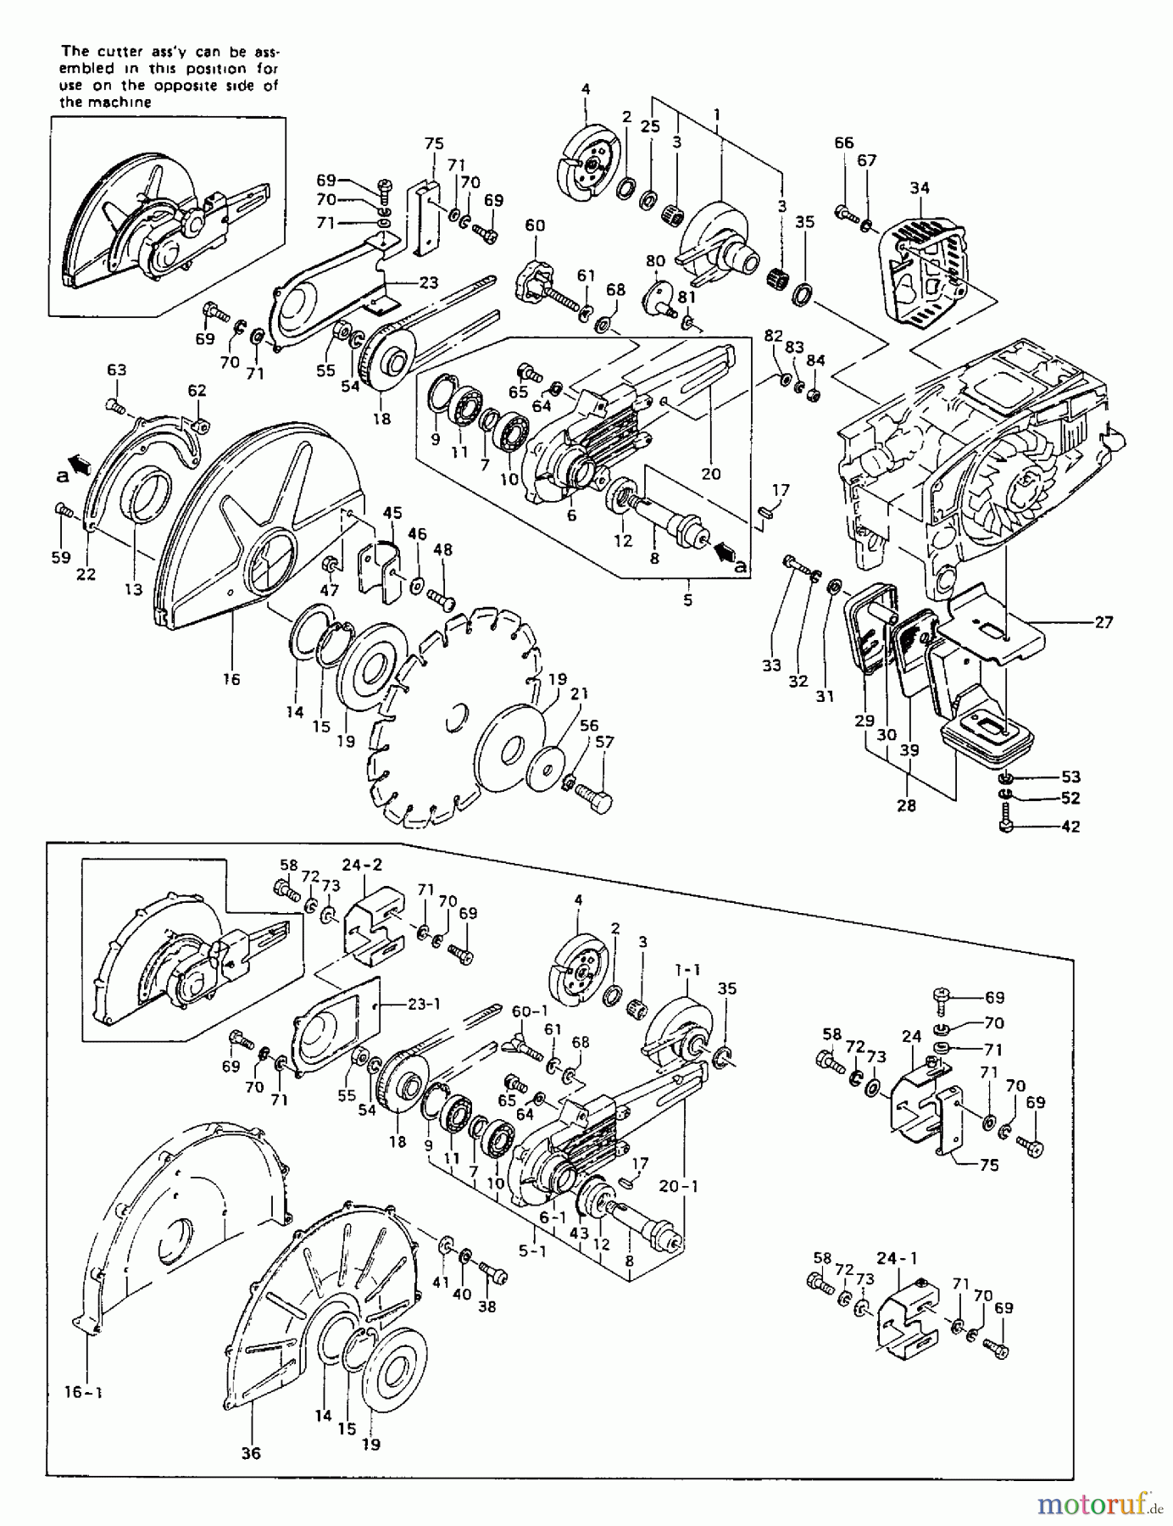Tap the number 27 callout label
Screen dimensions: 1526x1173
[x=1103, y=621]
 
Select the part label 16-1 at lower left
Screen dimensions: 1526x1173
[x=83, y=1390]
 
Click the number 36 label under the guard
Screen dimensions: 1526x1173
[x=251, y=1452]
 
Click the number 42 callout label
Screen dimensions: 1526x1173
[x=1070, y=827]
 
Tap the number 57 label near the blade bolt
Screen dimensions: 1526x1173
[x=603, y=742]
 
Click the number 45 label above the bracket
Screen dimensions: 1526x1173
[x=392, y=513]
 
